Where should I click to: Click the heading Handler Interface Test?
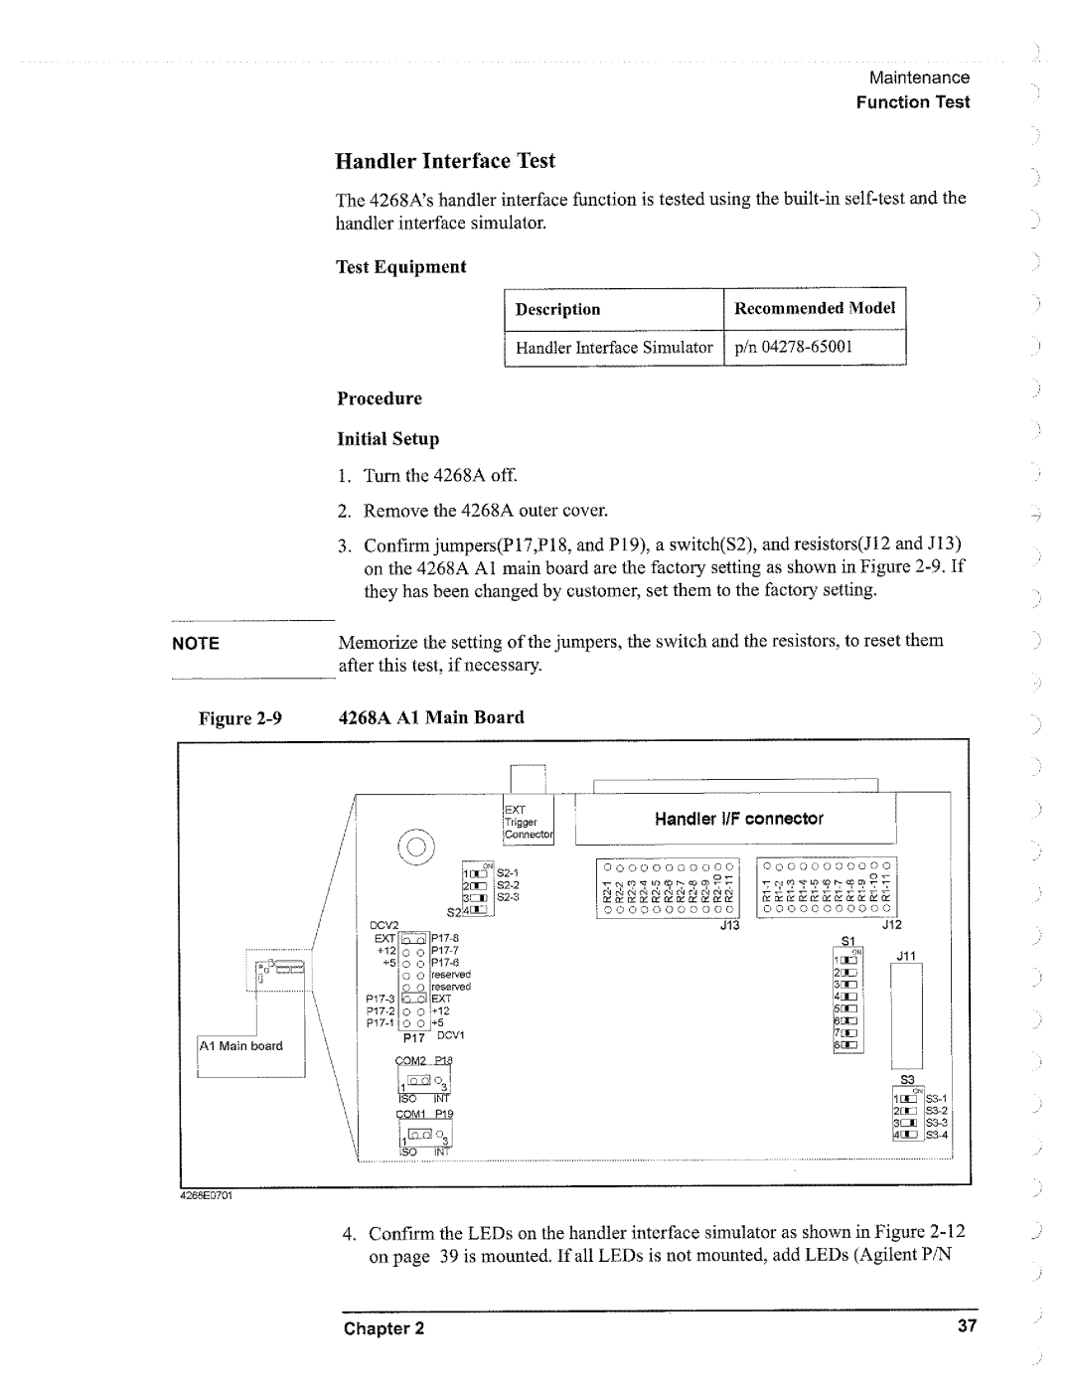(445, 161)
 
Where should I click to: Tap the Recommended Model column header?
(814, 308)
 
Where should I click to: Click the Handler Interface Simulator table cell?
(614, 347)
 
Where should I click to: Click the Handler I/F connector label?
(738, 819)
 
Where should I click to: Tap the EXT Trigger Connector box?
(528, 823)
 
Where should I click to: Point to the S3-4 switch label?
(939, 1135)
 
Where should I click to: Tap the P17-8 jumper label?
(444, 936)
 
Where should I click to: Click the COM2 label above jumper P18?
(411, 1061)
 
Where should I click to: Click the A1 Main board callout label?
(241, 1045)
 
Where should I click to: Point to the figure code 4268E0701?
(205, 1194)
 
